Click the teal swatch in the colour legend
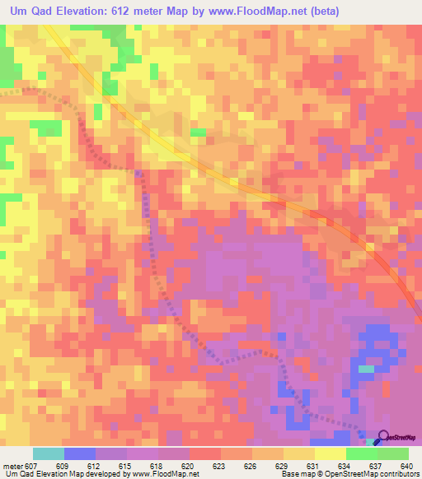(48, 453)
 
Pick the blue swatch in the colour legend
(79, 453)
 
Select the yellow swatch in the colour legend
(330, 453)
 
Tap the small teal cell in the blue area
(365, 368)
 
